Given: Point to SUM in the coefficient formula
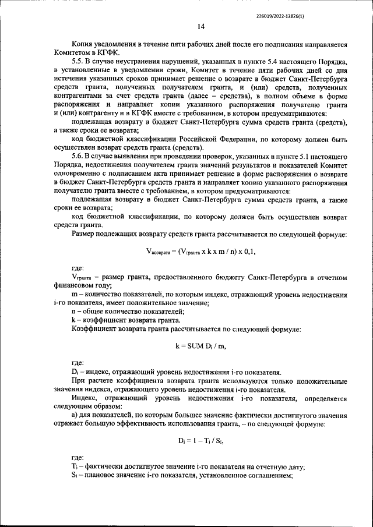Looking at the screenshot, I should point(195,345).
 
